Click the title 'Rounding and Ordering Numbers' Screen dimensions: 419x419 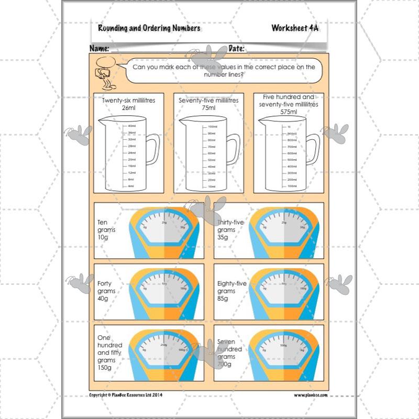pyautogui.click(x=149, y=28)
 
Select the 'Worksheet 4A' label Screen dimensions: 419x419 pyautogui.click(x=294, y=28)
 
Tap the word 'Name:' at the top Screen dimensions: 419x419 pyautogui.click(x=99, y=48)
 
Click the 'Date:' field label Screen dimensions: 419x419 pyautogui.click(x=236, y=48)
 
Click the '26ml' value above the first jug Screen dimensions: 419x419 pyautogui.click(x=128, y=107)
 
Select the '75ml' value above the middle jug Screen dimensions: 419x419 pyautogui.click(x=209, y=107)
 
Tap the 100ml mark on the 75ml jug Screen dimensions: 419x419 pyautogui.click(x=212, y=127)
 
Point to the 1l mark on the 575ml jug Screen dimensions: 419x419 pyautogui.click(x=289, y=127)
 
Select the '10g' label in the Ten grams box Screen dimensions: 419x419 pyautogui.click(x=103, y=238)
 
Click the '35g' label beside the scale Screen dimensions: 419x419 pyautogui.click(x=223, y=238)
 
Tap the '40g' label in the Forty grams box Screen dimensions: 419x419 pyautogui.click(x=103, y=299)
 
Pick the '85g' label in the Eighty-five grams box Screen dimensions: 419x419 pyautogui.click(x=223, y=299)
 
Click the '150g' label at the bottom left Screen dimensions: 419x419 pyautogui.click(x=105, y=368)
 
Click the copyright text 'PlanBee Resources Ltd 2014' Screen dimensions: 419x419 pyautogui.click(x=126, y=394)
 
